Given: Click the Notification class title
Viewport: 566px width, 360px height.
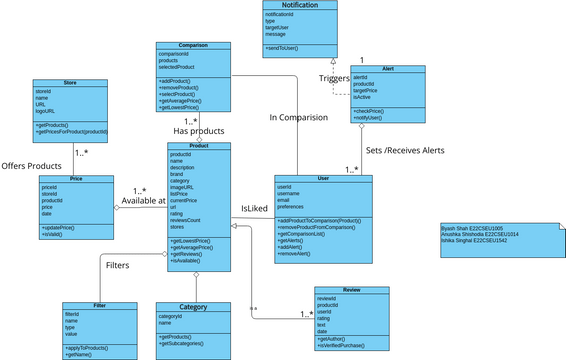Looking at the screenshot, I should point(300,6).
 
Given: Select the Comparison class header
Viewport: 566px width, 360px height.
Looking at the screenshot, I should point(194,45).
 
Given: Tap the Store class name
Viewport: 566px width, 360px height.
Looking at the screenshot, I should point(70,83).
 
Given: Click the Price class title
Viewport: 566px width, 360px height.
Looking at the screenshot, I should point(75,178).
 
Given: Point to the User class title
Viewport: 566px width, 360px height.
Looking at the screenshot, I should point(323,178).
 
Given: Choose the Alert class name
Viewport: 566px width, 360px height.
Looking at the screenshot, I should point(387,69).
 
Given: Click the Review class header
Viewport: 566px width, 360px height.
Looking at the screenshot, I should point(351,290).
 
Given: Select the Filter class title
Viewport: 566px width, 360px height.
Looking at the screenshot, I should point(100,305).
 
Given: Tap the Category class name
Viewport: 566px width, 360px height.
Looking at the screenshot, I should point(193,306).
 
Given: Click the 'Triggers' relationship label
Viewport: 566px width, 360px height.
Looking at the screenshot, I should point(335,78).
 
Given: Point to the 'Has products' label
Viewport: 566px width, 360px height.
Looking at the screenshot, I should point(199,131).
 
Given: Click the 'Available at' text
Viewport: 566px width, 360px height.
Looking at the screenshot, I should point(144,201).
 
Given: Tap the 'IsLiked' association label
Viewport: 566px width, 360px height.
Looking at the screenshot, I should point(255,208).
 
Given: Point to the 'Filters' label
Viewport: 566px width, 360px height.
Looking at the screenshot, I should point(117,265).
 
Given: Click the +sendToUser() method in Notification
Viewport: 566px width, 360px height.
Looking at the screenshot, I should point(288,48).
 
